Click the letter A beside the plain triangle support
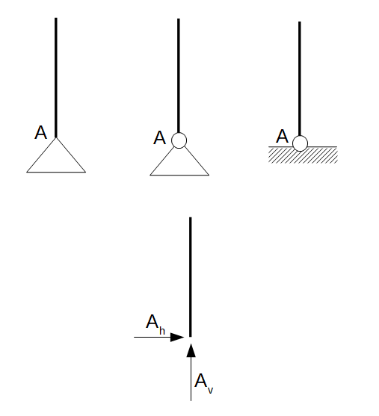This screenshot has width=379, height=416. pos(40,132)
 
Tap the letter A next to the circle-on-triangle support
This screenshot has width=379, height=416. pos(159,137)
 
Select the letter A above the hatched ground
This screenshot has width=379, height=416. pos(282,136)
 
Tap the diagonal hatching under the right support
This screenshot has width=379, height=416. pos(303,155)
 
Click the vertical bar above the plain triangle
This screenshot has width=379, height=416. pos(56,78)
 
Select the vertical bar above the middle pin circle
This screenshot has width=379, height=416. pos(179,75)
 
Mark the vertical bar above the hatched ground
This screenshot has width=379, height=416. pos(300,78)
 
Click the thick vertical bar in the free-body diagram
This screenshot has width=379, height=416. pos(190,277)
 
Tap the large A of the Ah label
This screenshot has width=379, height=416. pos(152,322)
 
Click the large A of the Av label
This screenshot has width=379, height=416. pos(201,380)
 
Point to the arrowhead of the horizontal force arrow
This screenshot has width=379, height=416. pos(177,337)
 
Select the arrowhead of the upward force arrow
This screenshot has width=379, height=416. pos(191,350)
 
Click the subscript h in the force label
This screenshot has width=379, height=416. pos(162,331)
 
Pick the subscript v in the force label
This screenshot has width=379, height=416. pos(210,390)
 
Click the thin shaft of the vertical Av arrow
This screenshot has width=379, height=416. pos(191,379)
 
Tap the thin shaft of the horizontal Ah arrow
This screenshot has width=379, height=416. pos(152,337)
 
